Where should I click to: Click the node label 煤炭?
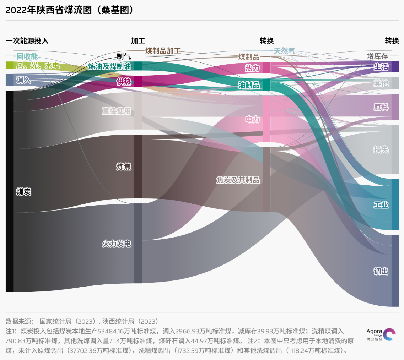(x=23, y=192)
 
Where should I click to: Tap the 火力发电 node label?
(x=117, y=244)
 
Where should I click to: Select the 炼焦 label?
(x=124, y=167)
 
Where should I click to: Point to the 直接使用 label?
(x=117, y=111)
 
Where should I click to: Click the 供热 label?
(x=124, y=82)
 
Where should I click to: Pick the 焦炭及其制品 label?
(x=238, y=180)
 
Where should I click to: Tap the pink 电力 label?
(x=252, y=119)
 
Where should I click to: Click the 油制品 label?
(x=249, y=85)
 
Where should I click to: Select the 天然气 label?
(x=284, y=51)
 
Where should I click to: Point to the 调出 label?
(x=381, y=272)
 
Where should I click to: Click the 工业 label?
(x=381, y=205)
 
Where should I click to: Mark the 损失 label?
(x=381, y=149)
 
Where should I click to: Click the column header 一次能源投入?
(x=27, y=41)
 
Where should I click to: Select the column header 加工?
(x=138, y=41)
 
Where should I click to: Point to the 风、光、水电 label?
(x=38, y=66)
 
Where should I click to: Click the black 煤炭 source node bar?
(x=9, y=191)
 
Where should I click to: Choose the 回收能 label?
(x=27, y=56)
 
